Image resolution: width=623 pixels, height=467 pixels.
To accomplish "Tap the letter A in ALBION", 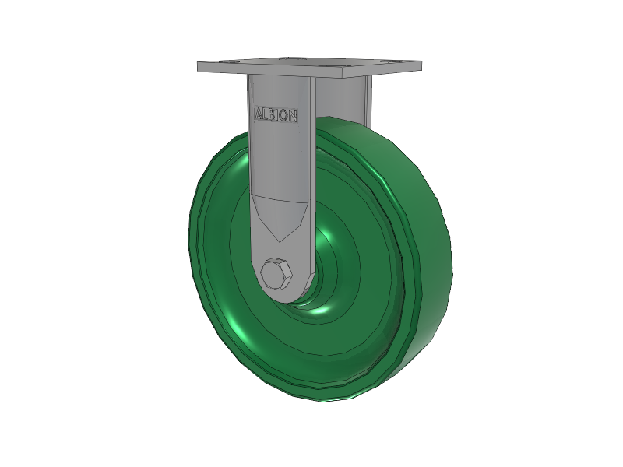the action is tap(259, 113).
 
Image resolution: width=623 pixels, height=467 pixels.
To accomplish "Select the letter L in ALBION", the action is tap(265, 114).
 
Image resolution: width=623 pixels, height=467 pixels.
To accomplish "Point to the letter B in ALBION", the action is tap(270, 114).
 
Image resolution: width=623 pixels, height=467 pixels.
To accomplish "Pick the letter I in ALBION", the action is tap(276, 114).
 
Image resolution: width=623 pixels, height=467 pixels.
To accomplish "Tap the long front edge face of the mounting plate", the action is tap(270, 70).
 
